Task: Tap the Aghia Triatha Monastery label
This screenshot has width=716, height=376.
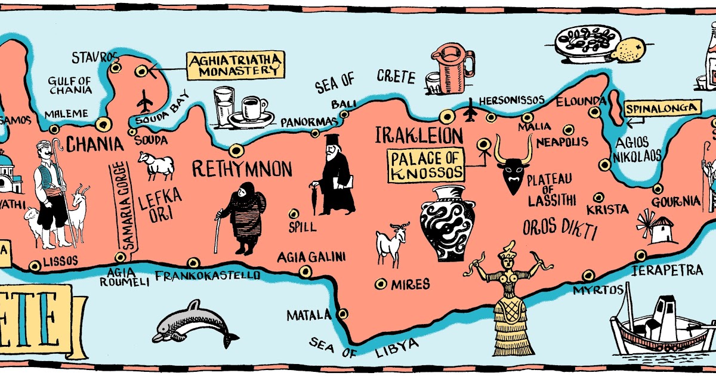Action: coord(235,65)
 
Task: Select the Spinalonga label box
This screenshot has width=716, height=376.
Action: coord(662,108)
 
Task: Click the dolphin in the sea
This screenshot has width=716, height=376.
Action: coord(194,325)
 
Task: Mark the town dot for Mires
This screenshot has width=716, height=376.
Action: coord(380,284)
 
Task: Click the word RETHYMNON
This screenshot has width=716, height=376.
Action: coord(242,169)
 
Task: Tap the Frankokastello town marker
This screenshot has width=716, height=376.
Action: coord(193,263)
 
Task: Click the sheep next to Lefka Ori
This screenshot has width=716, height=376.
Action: coord(156,165)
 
